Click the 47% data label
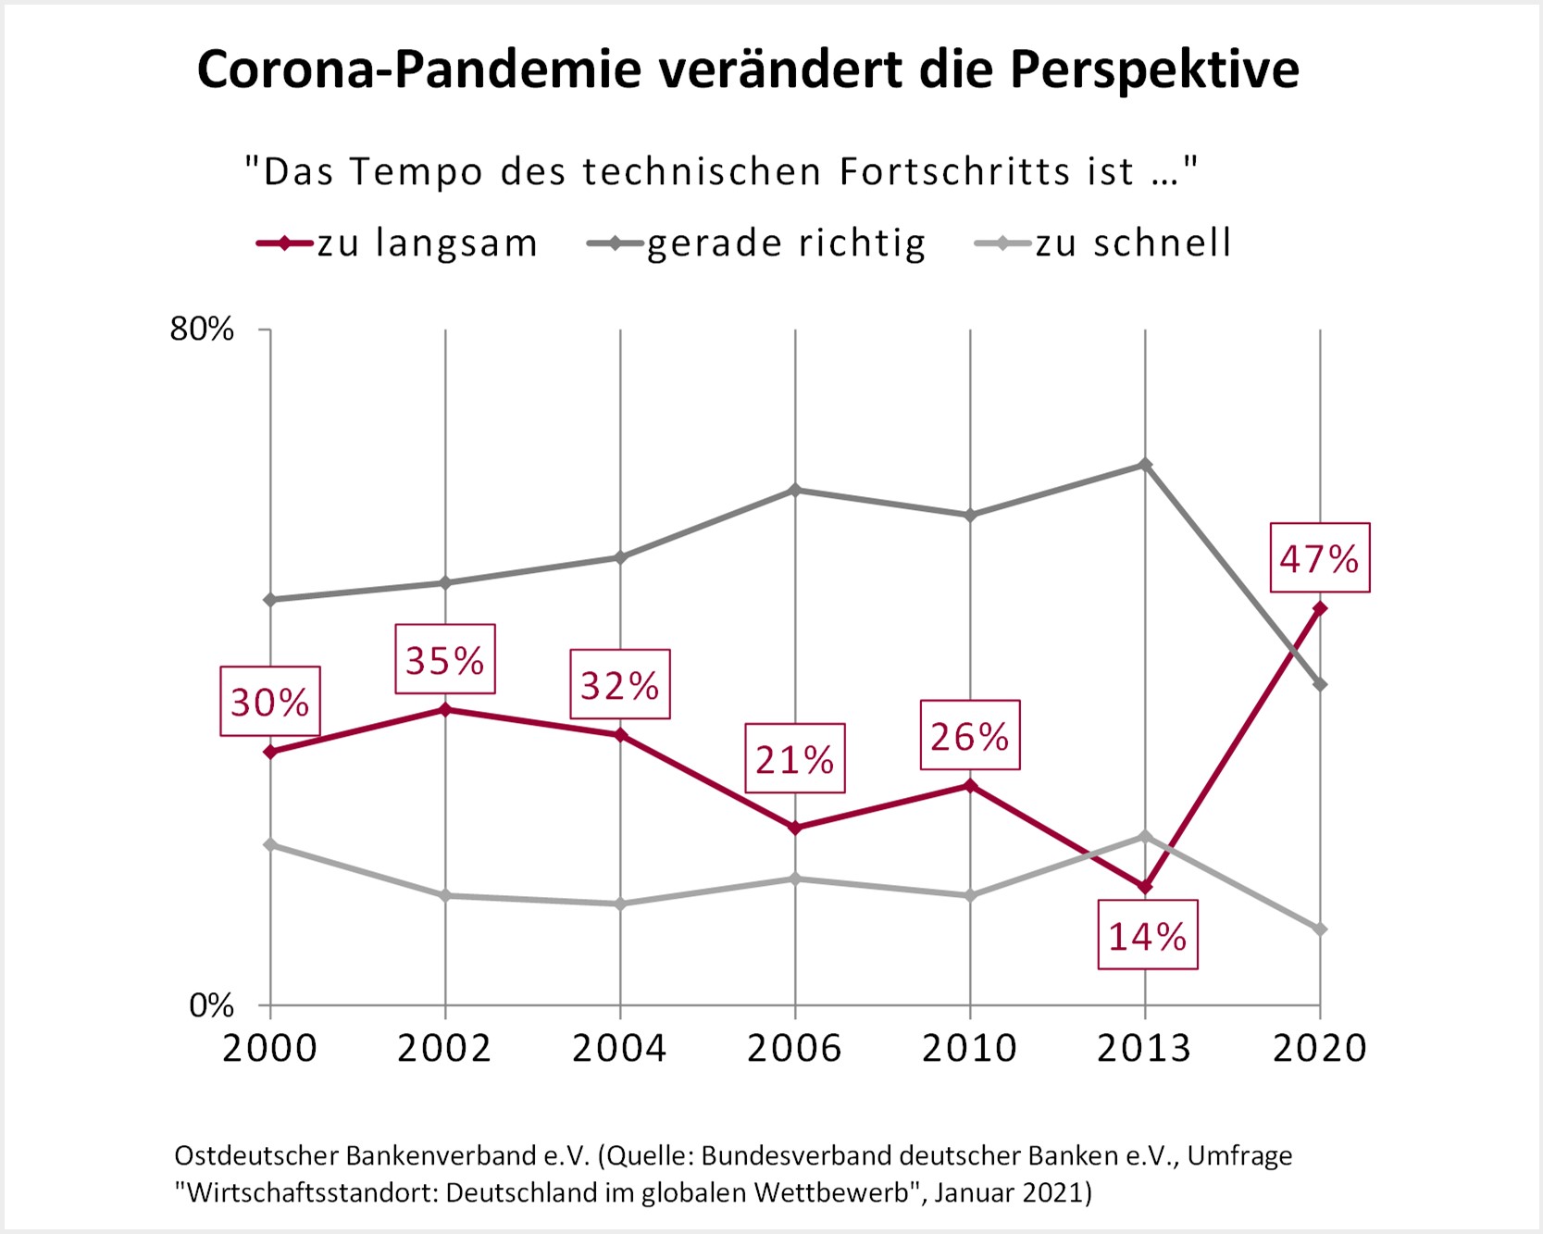click(1319, 558)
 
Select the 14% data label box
click(1148, 936)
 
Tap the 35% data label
click(445, 660)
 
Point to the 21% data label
click(795, 759)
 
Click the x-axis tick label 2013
click(1144, 1048)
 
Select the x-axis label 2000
click(270, 1048)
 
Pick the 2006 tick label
click(794, 1048)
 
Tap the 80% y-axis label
click(202, 329)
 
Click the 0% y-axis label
click(211, 1005)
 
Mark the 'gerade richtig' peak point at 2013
click(1145, 465)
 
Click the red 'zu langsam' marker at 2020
click(1320, 608)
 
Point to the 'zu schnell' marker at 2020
click(1320, 929)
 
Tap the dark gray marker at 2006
click(795, 490)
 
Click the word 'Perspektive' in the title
click(1154, 69)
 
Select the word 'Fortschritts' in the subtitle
click(955, 172)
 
